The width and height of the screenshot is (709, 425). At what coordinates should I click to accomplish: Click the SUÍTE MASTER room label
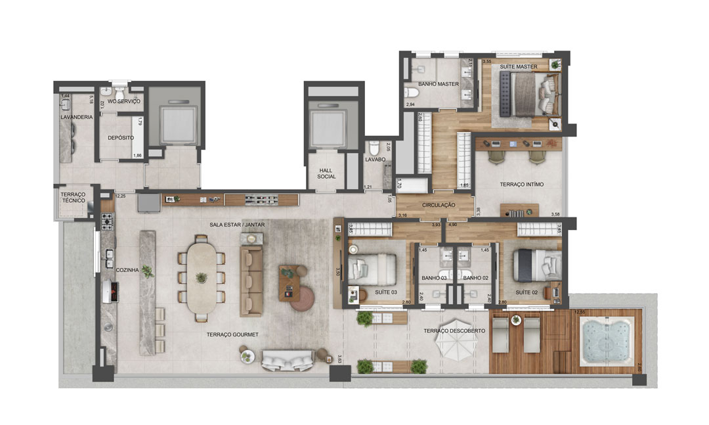[519, 67]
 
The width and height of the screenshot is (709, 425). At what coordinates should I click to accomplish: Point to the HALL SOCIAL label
[326, 173]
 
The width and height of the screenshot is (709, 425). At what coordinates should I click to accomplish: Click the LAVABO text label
[375, 159]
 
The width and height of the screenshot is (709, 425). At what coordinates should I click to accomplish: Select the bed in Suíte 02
[538, 269]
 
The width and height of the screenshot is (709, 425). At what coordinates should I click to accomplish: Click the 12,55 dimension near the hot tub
[580, 312]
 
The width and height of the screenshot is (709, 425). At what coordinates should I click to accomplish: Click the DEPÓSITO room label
[121, 138]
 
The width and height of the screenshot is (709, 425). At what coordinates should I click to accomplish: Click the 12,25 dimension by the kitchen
[120, 196]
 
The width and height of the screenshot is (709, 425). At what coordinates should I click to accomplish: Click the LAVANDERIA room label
[76, 117]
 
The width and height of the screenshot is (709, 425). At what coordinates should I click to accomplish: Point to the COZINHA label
[127, 269]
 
